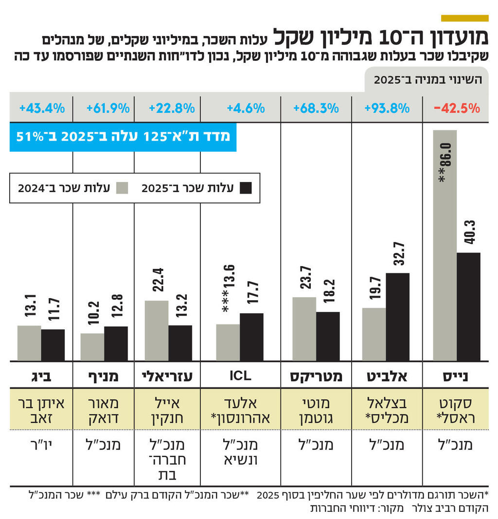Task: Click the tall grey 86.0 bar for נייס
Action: click(445, 246)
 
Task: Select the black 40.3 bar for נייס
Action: click(468, 306)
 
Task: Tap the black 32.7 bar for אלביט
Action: click(397, 317)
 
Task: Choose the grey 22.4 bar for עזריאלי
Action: click(157, 331)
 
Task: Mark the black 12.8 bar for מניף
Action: click(116, 343)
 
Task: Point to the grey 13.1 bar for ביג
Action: click(29, 343)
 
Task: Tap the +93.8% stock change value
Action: click(387, 108)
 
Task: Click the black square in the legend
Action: click(246, 188)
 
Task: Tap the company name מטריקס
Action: click(316, 376)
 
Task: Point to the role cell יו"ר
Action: click(41, 445)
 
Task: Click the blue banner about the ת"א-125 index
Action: click(123, 136)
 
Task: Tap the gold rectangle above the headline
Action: click(464, 18)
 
